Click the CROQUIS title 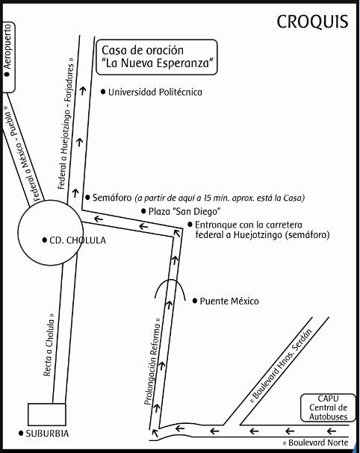tap(312, 22)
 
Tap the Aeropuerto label tap(7, 46)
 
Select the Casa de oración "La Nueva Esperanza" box tap(156, 57)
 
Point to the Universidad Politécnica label tap(155, 92)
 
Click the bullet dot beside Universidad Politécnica tap(103, 92)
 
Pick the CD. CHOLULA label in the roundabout tap(78, 240)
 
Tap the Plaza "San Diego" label tap(184, 211)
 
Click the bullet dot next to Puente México tap(195, 301)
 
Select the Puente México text tap(229, 301)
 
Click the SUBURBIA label tap(47, 434)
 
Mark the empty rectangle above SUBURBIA tap(46, 414)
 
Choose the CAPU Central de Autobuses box tap(328, 407)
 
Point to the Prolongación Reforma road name tap(152, 361)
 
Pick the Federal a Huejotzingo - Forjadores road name tap(66, 124)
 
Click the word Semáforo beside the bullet tap(112, 198)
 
